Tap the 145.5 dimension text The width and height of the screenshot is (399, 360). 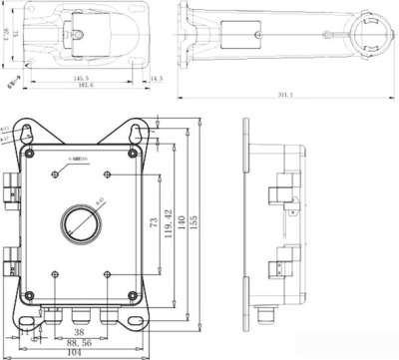80,78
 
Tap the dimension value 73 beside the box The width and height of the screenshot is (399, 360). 151,227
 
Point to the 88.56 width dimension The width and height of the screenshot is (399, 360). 80,342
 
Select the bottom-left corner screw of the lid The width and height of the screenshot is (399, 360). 33,294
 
